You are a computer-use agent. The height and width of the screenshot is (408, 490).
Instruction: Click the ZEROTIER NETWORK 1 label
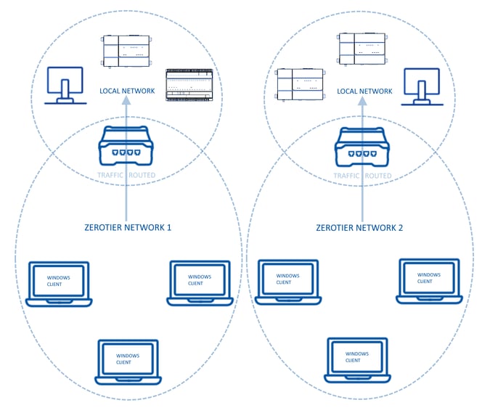tap(127, 227)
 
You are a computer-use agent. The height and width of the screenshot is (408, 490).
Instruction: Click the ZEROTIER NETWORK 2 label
tap(361, 227)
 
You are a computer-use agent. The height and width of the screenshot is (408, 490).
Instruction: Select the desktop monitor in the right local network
tap(421, 86)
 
